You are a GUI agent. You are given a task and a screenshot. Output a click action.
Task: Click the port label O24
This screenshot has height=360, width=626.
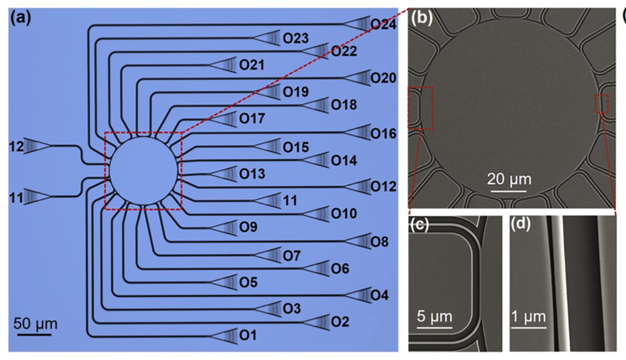pyautogui.click(x=383, y=25)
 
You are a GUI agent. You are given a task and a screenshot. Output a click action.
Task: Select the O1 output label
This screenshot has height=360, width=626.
pyautogui.click(x=248, y=335)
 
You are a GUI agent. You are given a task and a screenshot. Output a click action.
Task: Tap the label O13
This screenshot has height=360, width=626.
pyautogui.click(x=252, y=174)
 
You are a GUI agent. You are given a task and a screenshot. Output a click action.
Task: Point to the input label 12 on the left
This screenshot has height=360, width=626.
pyautogui.click(x=16, y=147)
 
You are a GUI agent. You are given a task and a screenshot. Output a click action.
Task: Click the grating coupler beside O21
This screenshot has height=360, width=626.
pyautogui.click(x=223, y=65)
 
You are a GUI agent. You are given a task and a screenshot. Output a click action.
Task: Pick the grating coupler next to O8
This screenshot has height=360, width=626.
pyautogui.click(x=358, y=241)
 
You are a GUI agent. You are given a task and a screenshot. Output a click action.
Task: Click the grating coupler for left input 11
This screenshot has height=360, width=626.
pyautogui.click(x=37, y=197)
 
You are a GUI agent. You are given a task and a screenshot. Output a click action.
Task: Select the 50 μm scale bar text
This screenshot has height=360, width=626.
pyautogui.click(x=35, y=323)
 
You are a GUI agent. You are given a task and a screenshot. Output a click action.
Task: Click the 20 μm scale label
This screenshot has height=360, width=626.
pyautogui.click(x=509, y=179)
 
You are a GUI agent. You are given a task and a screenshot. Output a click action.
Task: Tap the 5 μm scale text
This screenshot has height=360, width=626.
pyautogui.click(x=434, y=317)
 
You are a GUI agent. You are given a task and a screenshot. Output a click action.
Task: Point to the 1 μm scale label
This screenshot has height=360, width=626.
pyautogui.click(x=528, y=317)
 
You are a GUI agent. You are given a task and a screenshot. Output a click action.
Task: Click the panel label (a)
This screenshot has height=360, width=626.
pyautogui.click(x=21, y=18)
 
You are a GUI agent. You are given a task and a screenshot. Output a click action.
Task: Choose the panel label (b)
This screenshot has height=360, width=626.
pyautogui.click(x=422, y=18)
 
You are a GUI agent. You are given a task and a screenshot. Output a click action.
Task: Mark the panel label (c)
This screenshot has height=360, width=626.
pyautogui.click(x=419, y=225)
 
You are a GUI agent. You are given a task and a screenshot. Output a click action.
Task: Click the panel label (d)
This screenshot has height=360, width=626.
pyautogui.click(x=521, y=225)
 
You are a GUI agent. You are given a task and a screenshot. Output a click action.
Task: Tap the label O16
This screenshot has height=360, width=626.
pyautogui.click(x=383, y=134)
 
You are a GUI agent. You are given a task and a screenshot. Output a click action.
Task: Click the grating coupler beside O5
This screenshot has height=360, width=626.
pyautogui.click(x=224, y=282)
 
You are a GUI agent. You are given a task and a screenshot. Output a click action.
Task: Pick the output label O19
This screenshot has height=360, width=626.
pyautogui.click(x=296, y=92)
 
